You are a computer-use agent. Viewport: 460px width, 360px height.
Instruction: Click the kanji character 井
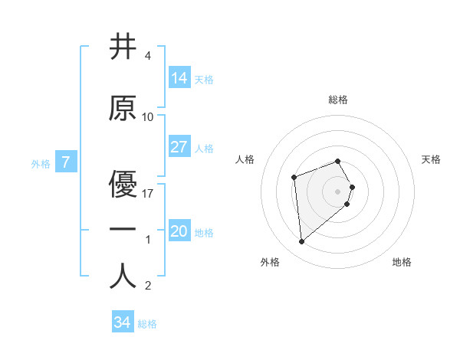[123, 47]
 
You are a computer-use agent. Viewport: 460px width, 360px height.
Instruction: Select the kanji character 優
[123, 183]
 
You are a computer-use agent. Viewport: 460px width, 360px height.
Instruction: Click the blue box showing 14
[179, 77]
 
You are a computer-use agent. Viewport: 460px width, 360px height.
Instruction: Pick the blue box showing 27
[179, 146]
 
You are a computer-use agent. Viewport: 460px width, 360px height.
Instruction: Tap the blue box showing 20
[179, 231]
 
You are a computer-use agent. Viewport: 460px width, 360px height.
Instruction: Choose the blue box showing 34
[122, 322]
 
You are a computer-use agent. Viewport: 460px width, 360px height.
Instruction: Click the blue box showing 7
[67, 162]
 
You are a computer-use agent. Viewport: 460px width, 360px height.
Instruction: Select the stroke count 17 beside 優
[149, 194]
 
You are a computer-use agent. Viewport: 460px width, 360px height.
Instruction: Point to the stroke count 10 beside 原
[148, 117]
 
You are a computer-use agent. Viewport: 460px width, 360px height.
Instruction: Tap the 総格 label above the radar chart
[338, 100]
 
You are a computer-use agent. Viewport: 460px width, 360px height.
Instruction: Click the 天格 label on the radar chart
[431, 159]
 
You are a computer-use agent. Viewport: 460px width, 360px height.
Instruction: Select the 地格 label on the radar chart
[402, 262]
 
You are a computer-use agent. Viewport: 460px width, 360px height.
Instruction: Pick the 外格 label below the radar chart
[270, 262]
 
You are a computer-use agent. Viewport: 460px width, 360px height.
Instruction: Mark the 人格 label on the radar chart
[245, 159]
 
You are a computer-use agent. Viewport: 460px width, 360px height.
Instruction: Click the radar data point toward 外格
[302, 242]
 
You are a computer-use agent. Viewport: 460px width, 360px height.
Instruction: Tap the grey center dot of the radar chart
[338, 190]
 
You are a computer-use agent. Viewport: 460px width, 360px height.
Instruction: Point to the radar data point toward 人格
[294, 178]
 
